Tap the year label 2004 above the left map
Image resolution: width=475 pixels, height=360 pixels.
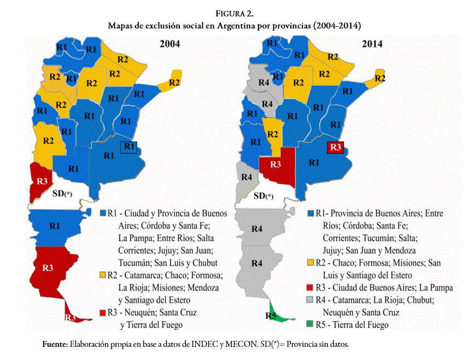169,44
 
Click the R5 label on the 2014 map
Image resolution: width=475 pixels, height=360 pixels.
271,316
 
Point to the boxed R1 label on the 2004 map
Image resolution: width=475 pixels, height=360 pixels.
129,146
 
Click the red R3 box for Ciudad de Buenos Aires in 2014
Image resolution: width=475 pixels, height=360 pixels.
335,147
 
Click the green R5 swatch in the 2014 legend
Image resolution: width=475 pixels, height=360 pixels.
310,324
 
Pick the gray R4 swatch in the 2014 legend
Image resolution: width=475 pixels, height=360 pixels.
310,300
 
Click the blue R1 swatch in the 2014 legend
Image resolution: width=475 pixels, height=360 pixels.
310,213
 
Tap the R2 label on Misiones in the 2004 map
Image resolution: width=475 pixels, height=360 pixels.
174,83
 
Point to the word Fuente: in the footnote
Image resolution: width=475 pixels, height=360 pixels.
55,344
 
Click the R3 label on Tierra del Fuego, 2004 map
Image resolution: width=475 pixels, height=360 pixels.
70,317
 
